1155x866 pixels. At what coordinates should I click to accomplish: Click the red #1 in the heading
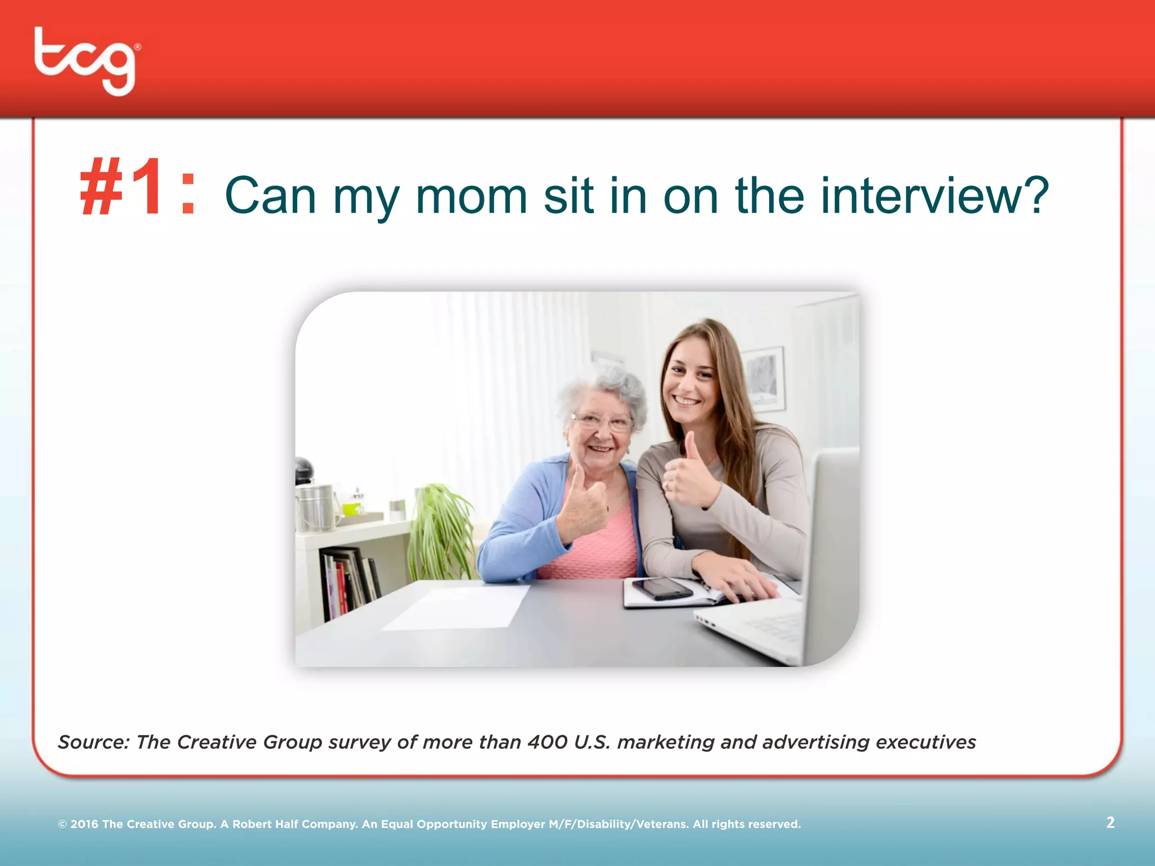[121, 188]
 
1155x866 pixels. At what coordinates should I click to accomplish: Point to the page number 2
[1110, 823]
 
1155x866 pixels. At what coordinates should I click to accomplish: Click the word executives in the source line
[925, 742]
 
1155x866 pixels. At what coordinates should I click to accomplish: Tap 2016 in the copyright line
[84, 824]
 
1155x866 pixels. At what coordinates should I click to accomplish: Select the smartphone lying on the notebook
[662, 589]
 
